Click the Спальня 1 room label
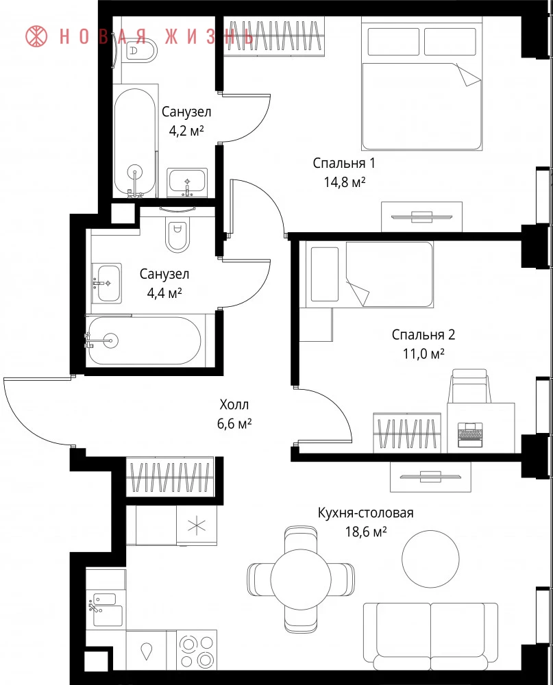344,164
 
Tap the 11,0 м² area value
423,353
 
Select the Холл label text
234,405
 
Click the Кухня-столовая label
365,512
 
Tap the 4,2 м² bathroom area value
186,131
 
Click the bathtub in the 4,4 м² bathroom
143,340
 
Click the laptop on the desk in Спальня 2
470,435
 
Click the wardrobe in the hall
170,477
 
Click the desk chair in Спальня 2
469,386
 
